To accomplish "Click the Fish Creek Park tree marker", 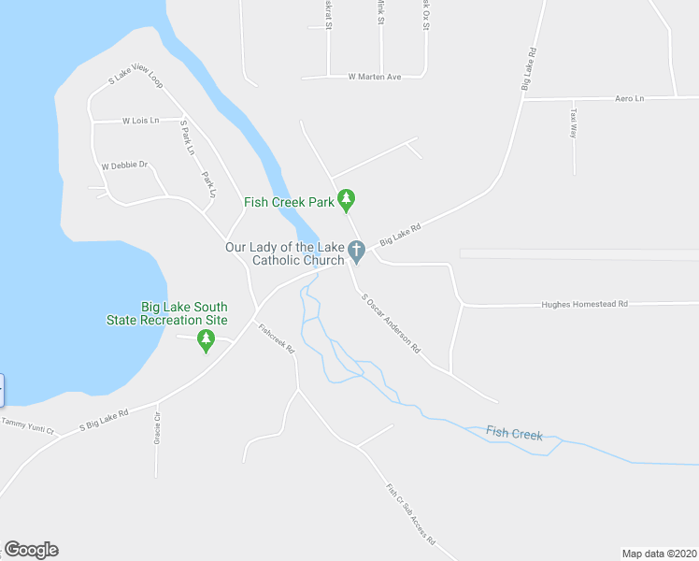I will tap(347, 199).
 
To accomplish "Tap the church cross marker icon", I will tap(355, 251).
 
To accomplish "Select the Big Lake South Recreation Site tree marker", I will tap(206, 341).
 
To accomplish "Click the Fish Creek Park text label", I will tap(289, 202).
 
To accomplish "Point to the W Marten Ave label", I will tap(374, 77).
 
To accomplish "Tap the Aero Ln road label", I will tap(630, 97).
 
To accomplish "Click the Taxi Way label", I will tap(573, 123).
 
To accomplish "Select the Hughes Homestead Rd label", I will tap(585, 304).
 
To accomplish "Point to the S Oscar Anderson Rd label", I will tap(392, 324).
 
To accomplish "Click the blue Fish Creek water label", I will tap(514, 432).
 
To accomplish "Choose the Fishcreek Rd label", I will tap(277, 337).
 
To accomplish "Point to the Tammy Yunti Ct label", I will tap(28, 426).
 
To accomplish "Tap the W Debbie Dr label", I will tap(125, 165).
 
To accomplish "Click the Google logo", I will tap(31, 550).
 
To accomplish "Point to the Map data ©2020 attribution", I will tap(658, 554).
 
